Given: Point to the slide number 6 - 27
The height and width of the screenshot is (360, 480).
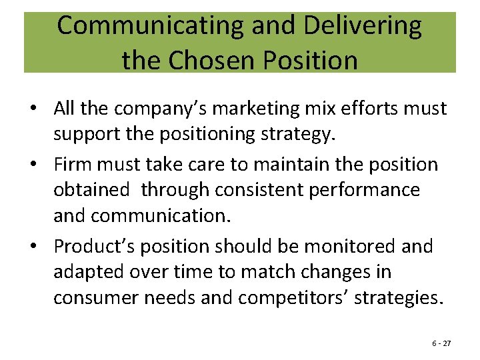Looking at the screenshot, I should coord(441,343).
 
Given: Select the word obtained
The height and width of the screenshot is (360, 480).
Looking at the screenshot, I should coord(92,190).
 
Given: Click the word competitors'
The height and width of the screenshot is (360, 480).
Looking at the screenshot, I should coord(293,298).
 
